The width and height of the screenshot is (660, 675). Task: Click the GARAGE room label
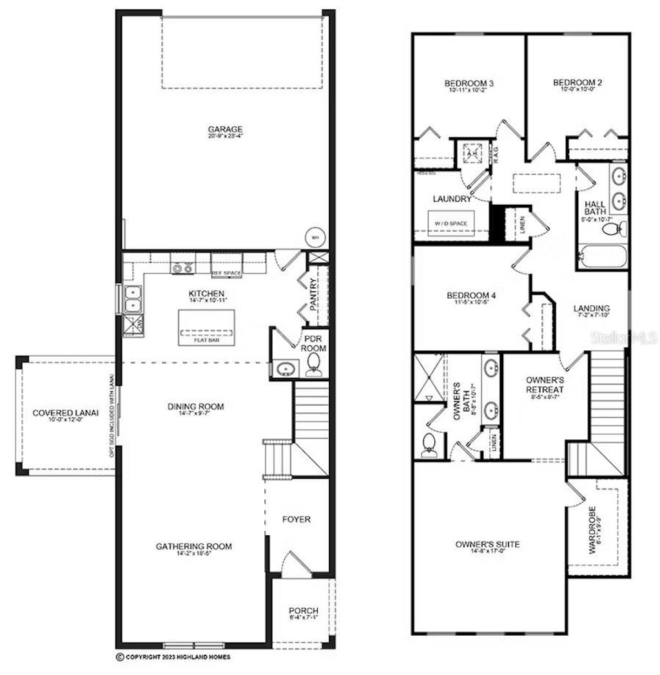click(226, 129)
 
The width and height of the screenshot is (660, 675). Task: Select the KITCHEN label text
click(207, 293)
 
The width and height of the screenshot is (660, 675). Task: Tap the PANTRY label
click(313, 294)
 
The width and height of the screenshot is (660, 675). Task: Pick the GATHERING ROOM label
click(193, 546)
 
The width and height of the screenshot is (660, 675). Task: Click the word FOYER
click(296, 519)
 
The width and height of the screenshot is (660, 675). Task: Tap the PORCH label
click(303, 611)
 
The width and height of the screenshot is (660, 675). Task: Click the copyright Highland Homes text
click(173, 658)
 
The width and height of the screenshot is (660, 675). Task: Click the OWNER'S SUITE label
click(487, 545)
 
